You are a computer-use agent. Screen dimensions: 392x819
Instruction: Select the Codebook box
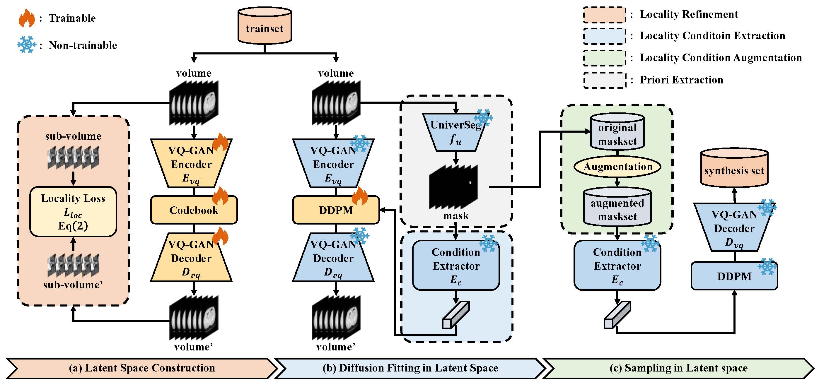coord(194,210)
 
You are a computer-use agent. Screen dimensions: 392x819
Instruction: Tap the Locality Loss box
coord(73,212)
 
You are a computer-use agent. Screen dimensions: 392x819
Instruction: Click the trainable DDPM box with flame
coord(336,210)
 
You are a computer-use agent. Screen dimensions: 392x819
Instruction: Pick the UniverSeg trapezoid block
coord(455,132)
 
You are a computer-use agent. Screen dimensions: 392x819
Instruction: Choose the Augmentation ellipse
coord(617,167)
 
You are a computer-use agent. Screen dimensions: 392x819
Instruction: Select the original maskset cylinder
coord(617,131)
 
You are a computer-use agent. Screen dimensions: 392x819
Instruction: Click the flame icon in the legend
coord(27,18)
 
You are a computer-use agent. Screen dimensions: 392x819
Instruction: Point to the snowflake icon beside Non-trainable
coord(27,44)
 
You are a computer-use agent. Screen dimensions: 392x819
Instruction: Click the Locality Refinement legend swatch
coord(604,15)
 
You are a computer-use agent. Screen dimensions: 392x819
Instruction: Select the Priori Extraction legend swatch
coord(604,80)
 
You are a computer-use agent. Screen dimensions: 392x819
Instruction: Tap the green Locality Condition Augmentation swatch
coord(604,58)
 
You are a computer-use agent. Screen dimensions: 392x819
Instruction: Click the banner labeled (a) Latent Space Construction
coord(142,368)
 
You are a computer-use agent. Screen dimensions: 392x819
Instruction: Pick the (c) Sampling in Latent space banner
coord(678,368)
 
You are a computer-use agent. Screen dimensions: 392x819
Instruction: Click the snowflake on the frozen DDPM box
coord(767,267)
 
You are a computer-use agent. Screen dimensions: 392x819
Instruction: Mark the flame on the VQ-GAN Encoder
coord(220,142)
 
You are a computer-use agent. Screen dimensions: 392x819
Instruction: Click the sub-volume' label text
coord(73,285)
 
